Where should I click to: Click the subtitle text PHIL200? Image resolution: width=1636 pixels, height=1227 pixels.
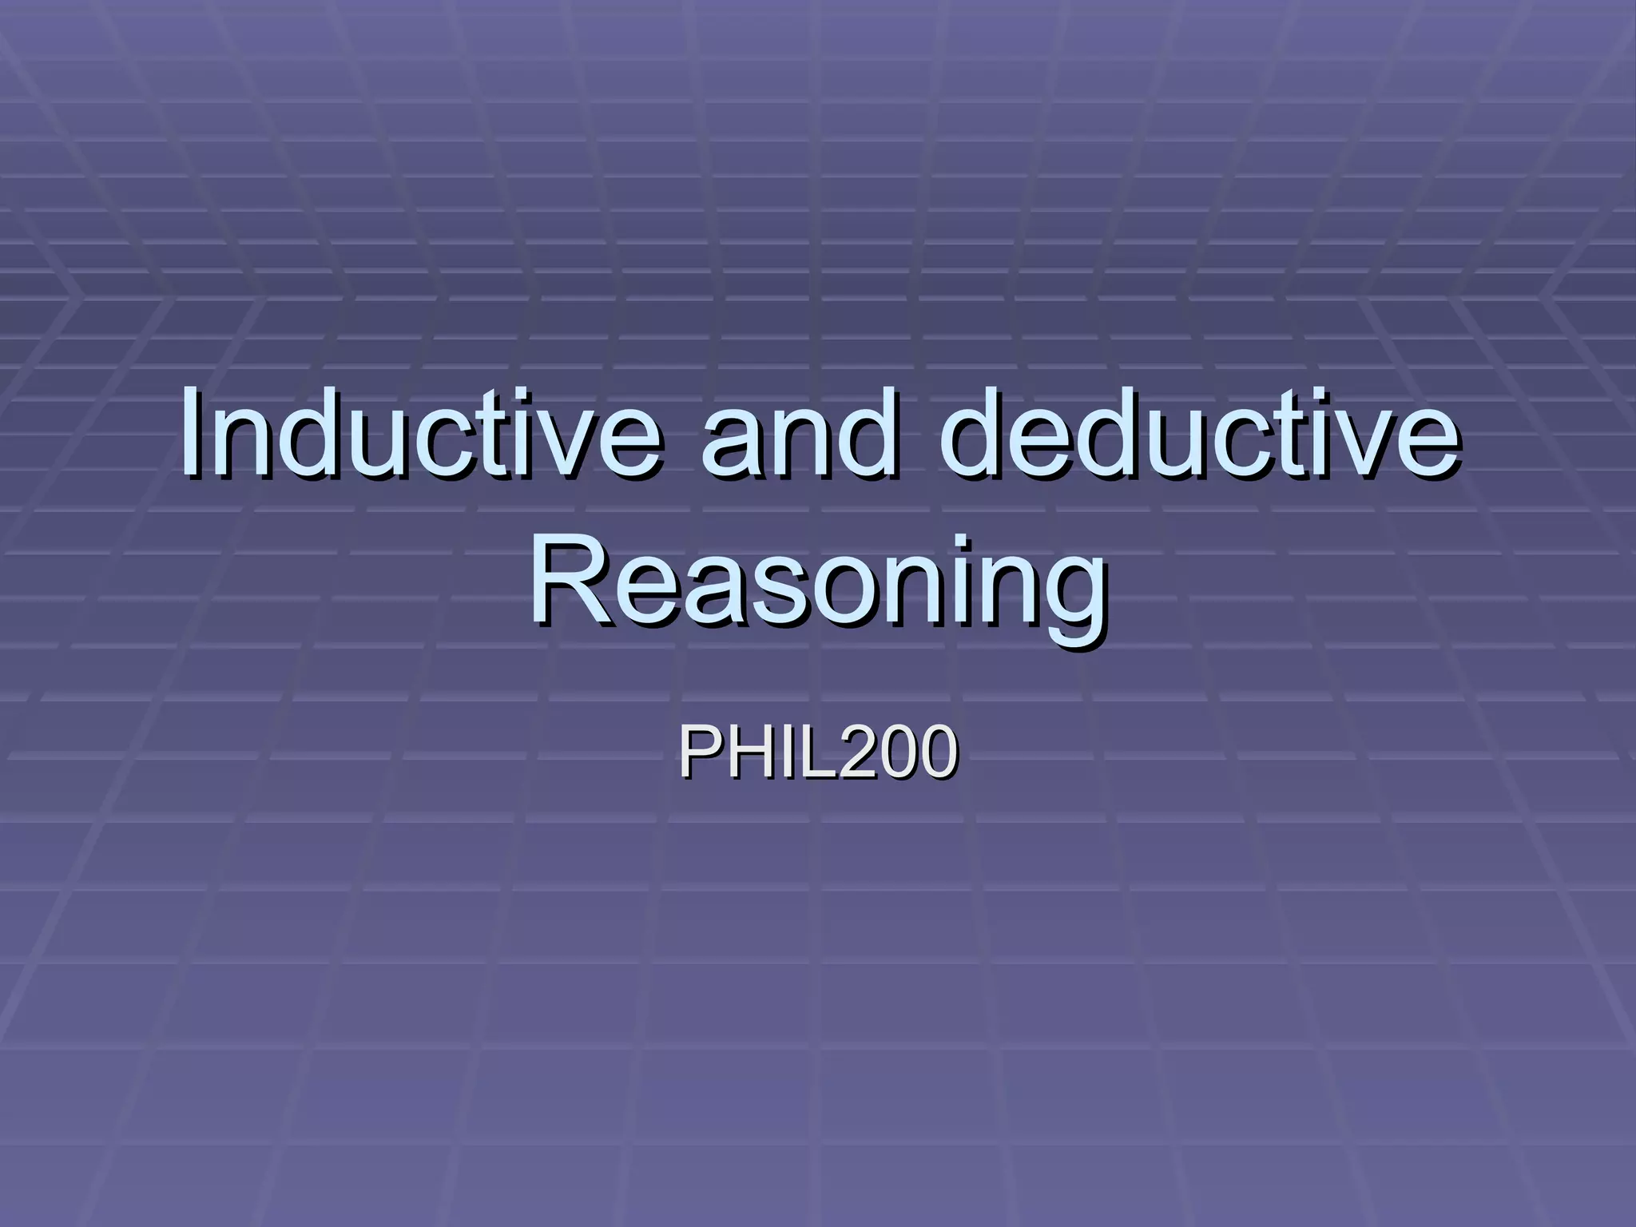(818, 752)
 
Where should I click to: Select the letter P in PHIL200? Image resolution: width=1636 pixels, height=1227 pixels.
(697, 752)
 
